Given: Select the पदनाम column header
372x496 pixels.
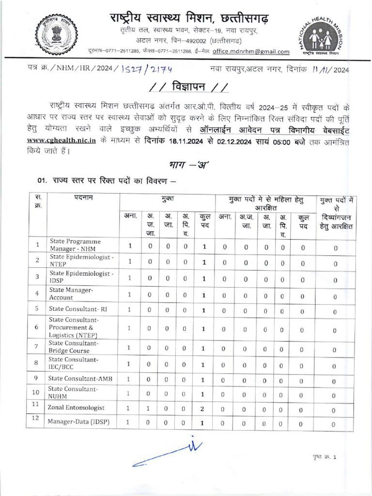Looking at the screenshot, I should pos(83,198).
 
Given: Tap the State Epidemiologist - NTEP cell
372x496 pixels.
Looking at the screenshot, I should pos(81,261).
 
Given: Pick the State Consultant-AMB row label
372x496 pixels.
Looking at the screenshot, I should pos(80,378).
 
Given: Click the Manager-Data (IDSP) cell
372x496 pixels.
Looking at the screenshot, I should pos(78,422).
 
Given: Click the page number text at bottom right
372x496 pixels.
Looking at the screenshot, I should pos(325,457).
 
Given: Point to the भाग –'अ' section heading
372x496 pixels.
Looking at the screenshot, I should pos(186,164).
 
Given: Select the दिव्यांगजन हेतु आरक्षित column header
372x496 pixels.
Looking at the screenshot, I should pos(335,222).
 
